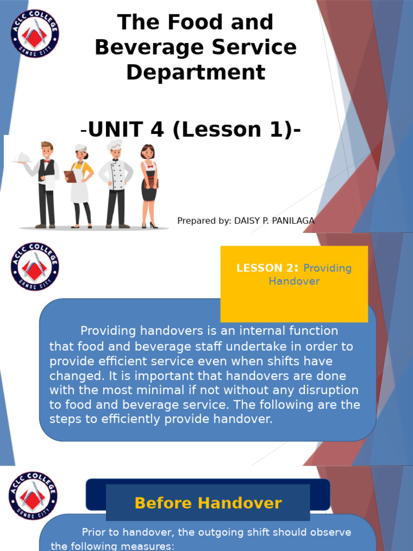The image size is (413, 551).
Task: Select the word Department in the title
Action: [196, 72]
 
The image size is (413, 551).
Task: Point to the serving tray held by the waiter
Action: [22, 157]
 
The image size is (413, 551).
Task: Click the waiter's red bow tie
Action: [47, 161]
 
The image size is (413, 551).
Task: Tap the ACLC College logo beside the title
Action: [35, 33]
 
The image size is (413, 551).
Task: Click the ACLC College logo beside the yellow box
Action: [35, 267]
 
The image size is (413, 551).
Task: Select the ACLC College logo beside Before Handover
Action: [33, 496]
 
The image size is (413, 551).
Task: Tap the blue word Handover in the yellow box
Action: [294, 281]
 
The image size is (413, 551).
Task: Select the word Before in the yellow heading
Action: [162, 503]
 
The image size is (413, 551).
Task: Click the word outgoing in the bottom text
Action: [203, 532]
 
